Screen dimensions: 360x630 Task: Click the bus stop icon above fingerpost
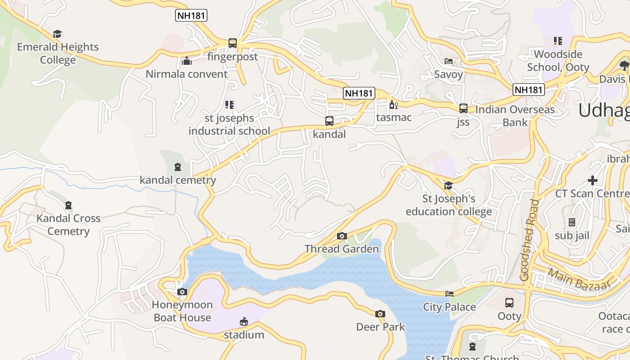pyautogui.click(x=232, y=43)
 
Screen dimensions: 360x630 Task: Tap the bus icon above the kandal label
pyautogui.click(x=329, y=121)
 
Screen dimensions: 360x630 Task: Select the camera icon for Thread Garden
pyautogui.click(x=342, y=236)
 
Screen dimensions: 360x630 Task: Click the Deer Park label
pyautogui.click(x=380, y=327)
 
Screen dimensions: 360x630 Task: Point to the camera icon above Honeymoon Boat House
pyautogui.click(x=182, y=292)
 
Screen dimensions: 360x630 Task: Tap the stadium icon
pyautogui.click(x=243, y=321)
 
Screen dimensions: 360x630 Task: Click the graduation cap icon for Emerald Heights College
pyautogui.click(x=57, y=34)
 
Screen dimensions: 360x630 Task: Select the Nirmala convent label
pyautogui.click(x=186, y=74)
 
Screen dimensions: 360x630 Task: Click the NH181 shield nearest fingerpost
pyautogui.click(x=191, y=16)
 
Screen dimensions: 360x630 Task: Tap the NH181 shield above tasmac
pyautogui.click(x=359, y=93)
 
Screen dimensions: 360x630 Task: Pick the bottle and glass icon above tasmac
pyautogui.click(x=393, y=105)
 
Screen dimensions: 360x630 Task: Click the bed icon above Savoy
pyautogui.click(x=448, y=61)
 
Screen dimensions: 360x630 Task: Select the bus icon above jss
pyautogui.click(x=463, y=108)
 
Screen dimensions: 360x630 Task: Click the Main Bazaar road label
pyautogui.click(x=579, y=279)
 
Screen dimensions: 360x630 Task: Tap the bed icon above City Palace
pyautogui.click(x=449, y=294)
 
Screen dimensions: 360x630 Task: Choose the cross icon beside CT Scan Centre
pyautogui.click(x=593, y=180)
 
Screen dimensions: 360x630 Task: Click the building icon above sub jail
pyautogui.click(x=572, y=222)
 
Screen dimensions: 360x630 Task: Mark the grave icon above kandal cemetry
pyautogui.click(x=178, y=167)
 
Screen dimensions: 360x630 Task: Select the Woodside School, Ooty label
pyautogui.click(x=558, y=60)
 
